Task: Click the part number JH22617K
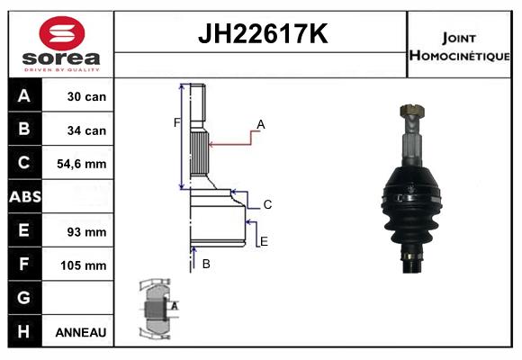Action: click(x=261, y=35)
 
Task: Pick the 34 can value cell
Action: click(x=86, y=130)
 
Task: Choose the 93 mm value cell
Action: click(x=86, y=231)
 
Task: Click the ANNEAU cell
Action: click(x=81, y=332)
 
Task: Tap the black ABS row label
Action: click(x=24, y=197)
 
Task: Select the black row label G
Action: click(x=24, y=298)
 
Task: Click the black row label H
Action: click(x=24, y=331)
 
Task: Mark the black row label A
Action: click(x=24, y=96)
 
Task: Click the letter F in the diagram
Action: click(x=177, y=122)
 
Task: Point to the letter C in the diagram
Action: click(x=267, y=204)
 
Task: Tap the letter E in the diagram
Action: click(x=264, y=241)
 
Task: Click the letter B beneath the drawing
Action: click(x=206, y=264)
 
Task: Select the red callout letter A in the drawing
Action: click(x=260, y=124)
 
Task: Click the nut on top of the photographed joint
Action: click(x=410, y=112)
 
